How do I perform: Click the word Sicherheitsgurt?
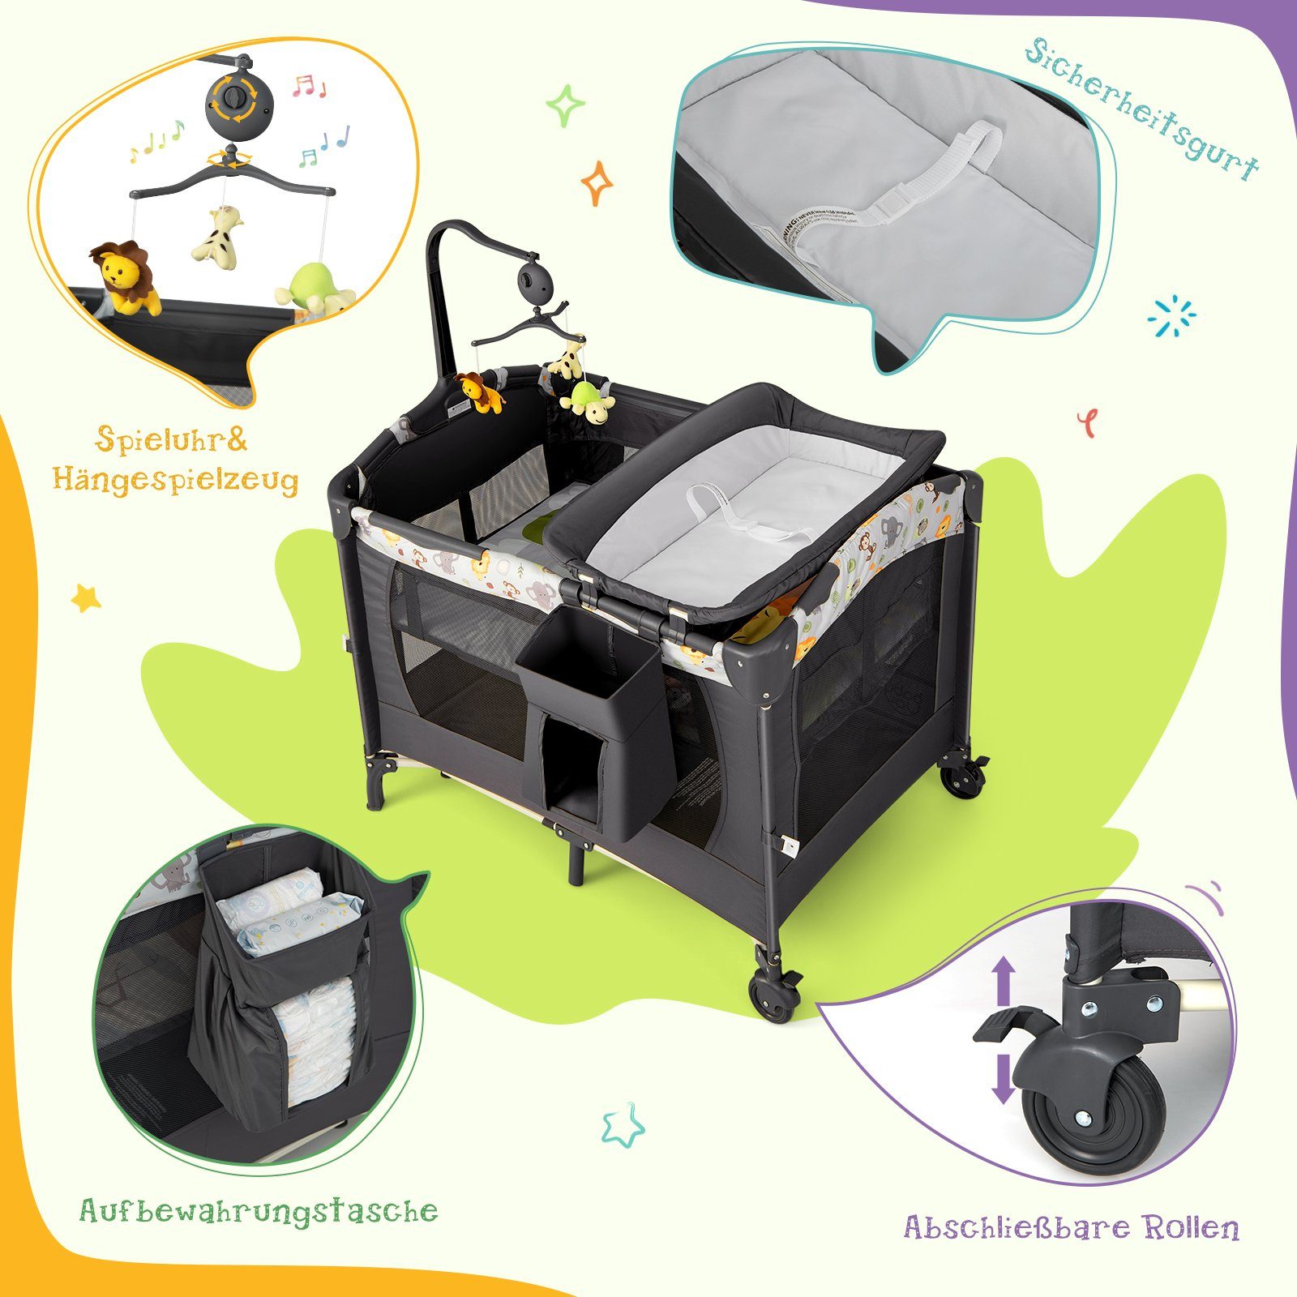click(x=1142, y=109)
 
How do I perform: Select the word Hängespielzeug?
click(x=176, y=481)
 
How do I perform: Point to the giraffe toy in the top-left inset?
click(x=218, y=235)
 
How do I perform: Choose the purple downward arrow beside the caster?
click(x=1004, y=1079)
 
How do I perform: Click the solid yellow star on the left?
click(x=87, y=598)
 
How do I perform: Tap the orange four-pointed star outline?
click(x=597, y=182)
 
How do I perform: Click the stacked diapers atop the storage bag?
click(x=288, y=910)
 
